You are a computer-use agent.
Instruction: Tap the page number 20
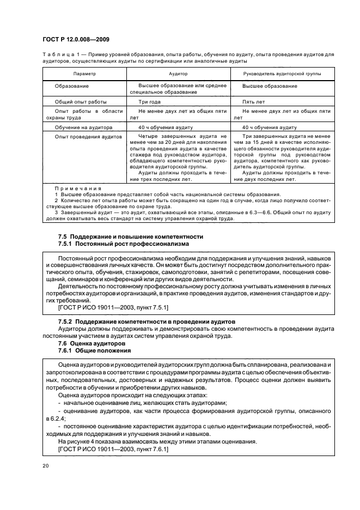(x=45, y=466)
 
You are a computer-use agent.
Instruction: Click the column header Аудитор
(x=178, y=72)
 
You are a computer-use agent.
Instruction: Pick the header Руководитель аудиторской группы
(x=282, y=72)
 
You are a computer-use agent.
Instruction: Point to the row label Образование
(x=71, y=86)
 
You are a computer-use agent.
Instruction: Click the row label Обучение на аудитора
(x=83, y=127)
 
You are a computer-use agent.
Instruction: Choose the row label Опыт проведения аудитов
(x=88, y=136)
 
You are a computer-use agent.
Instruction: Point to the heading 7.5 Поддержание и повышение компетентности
(x=131, y=236)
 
